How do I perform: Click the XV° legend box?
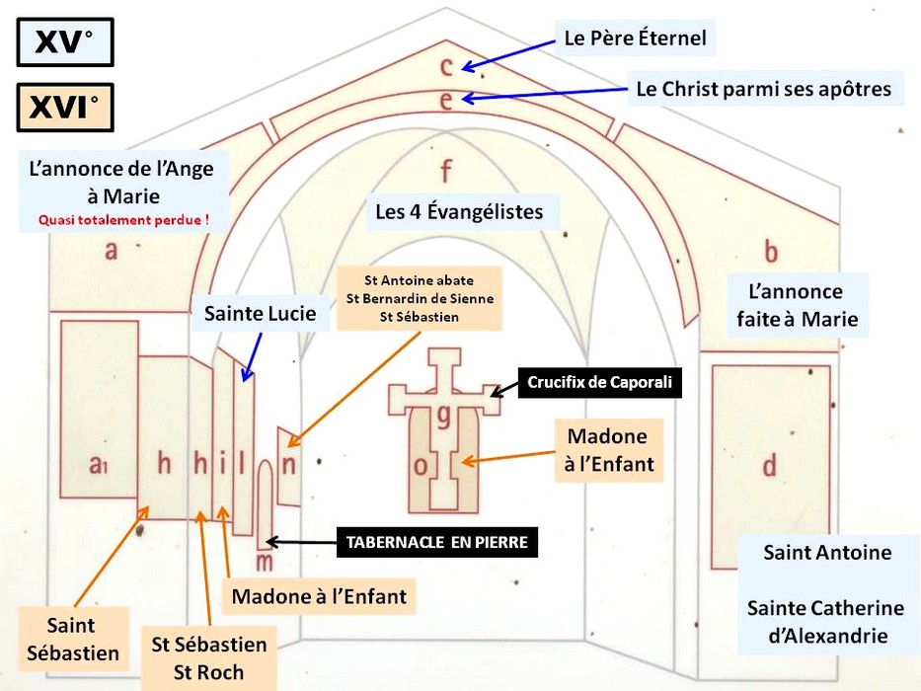point(65,42)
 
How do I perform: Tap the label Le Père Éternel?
point(635,39)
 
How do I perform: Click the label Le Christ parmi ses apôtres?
point(763,89)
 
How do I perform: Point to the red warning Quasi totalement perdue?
point(123,219)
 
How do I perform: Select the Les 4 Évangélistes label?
point(459,211)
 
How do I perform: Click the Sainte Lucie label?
point(261,315)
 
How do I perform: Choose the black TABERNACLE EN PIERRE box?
point(436,542)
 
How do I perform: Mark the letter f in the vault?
point(445,172)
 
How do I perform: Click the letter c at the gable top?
point(446,66)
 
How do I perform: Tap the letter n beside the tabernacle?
point(288,466)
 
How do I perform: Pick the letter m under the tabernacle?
point(264,561)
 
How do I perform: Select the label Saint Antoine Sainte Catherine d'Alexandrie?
point(825,594)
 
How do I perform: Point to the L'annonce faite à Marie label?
point(797,305)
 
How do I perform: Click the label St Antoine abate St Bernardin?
point(419,298)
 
